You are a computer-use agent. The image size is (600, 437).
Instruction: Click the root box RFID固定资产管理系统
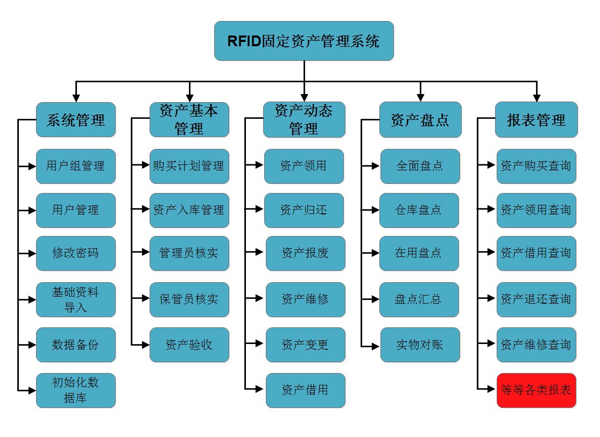[303, 41]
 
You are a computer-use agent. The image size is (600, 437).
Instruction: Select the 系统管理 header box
[76, 120]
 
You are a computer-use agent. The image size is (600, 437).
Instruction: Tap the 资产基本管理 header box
[189, 120]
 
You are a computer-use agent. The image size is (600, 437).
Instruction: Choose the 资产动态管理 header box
[304, 120]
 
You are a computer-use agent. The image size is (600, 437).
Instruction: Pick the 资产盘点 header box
[420, 120]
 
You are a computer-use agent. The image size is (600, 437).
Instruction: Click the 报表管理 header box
[536, 120]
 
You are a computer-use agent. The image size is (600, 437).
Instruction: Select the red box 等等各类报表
[536, 390]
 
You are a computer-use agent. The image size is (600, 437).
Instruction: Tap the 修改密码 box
[76, 253]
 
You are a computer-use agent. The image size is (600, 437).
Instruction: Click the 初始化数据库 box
[76, 390]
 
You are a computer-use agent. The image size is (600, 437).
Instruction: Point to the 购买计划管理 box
[189, 166]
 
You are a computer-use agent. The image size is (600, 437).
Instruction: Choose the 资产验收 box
[189, 345]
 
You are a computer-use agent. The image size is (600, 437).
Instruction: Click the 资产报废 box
[305, 253]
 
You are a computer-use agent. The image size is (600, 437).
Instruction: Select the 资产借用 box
[305, 390]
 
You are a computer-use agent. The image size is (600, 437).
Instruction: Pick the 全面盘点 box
[420, 166]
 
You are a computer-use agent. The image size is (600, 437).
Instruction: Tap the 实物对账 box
[420, 345]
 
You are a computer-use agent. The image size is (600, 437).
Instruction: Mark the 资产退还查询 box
[536, 299]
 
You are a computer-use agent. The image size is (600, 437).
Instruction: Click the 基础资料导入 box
[76, 299]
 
